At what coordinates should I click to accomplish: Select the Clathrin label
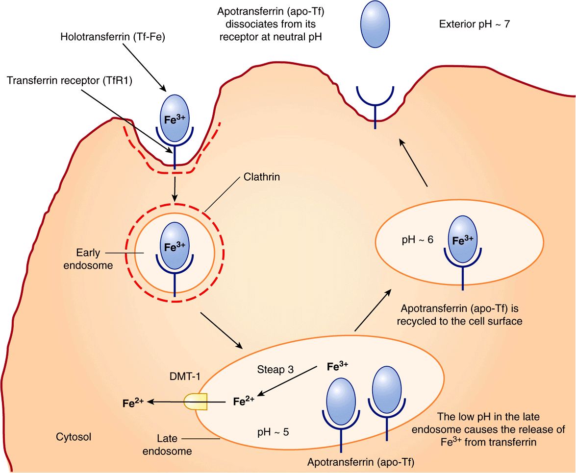pos(262,177)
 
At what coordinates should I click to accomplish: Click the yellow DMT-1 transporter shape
pos(196,402)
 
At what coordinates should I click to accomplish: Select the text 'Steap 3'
pos(275,370)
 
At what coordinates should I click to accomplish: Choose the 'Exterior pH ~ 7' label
pos(475,24)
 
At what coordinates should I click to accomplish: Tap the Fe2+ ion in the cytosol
pos(133,403)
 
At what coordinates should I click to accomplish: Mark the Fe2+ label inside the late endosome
pos(244,402)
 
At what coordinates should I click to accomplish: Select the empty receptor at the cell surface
pos(376,103)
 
